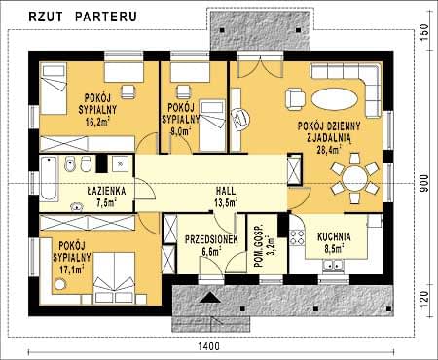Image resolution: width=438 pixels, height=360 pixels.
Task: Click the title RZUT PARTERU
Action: [83, 17]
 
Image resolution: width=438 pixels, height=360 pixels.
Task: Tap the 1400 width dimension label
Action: [208, 346]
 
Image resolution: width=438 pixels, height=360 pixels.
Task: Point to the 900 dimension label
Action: [423, 183]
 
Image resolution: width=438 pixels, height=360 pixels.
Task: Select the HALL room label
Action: [226, 191]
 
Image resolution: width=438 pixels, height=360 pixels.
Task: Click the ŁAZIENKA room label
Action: [106, 191]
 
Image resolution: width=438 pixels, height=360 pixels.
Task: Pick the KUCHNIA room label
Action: [334, 236]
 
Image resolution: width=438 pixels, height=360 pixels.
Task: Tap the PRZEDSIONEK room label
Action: [211, 239]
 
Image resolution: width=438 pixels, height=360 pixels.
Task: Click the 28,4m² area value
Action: [329, 150]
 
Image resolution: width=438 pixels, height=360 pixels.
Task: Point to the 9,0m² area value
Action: [180, 131]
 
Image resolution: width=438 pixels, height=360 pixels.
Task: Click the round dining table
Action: [354, 178]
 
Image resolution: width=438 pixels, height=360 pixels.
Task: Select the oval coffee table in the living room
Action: [335, 99]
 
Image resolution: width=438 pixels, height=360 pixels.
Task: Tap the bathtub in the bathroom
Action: [49, 179]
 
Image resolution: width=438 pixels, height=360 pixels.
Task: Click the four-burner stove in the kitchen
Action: [297, 236]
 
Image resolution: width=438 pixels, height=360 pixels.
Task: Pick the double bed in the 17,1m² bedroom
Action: [114, 277]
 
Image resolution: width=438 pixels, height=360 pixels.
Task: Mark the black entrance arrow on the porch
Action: [210, 297]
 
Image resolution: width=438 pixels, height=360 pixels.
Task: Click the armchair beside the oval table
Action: [295, 99]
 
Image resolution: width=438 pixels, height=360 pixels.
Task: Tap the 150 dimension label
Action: [423, 30]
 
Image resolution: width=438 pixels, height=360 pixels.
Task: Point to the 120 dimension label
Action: [423, 299]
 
